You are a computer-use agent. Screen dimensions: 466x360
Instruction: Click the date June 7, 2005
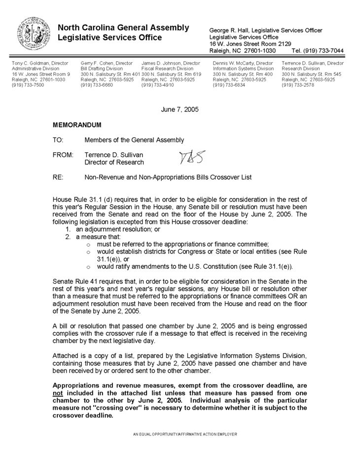point(180,109)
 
